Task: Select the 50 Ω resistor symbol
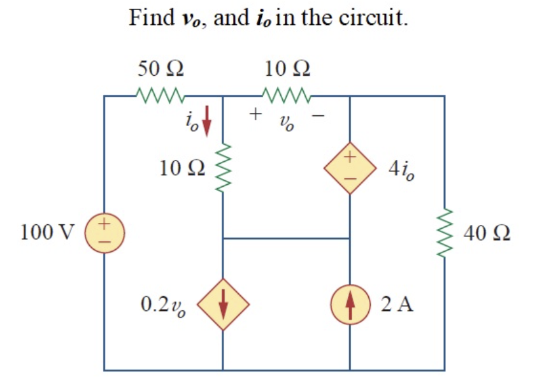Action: pos(160,97)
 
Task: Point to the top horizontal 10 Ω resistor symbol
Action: pos(286,97)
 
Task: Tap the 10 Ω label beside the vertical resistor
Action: pos(182,168)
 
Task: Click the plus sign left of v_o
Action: pos(255,115)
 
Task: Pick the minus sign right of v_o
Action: pos(321,115)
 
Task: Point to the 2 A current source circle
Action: pos(349,305)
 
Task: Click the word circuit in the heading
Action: pos(371,17)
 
